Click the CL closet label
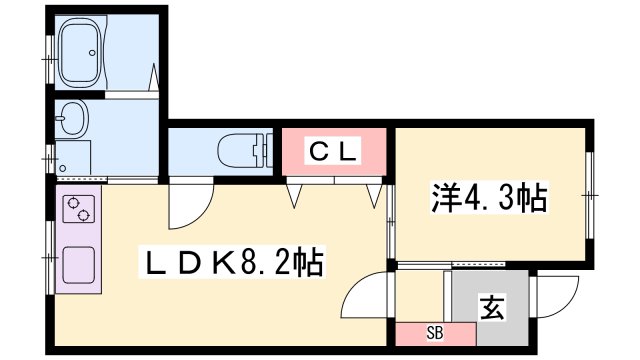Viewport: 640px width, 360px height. (x=331, y=152)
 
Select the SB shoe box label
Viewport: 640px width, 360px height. (x=434, y=332)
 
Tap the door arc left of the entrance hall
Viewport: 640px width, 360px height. (x=366, y=294)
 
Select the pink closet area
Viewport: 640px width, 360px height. (x=332, y=153)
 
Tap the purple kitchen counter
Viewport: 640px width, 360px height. (x=78, y=240)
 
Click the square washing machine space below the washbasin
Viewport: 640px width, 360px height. (x=74, y=158)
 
